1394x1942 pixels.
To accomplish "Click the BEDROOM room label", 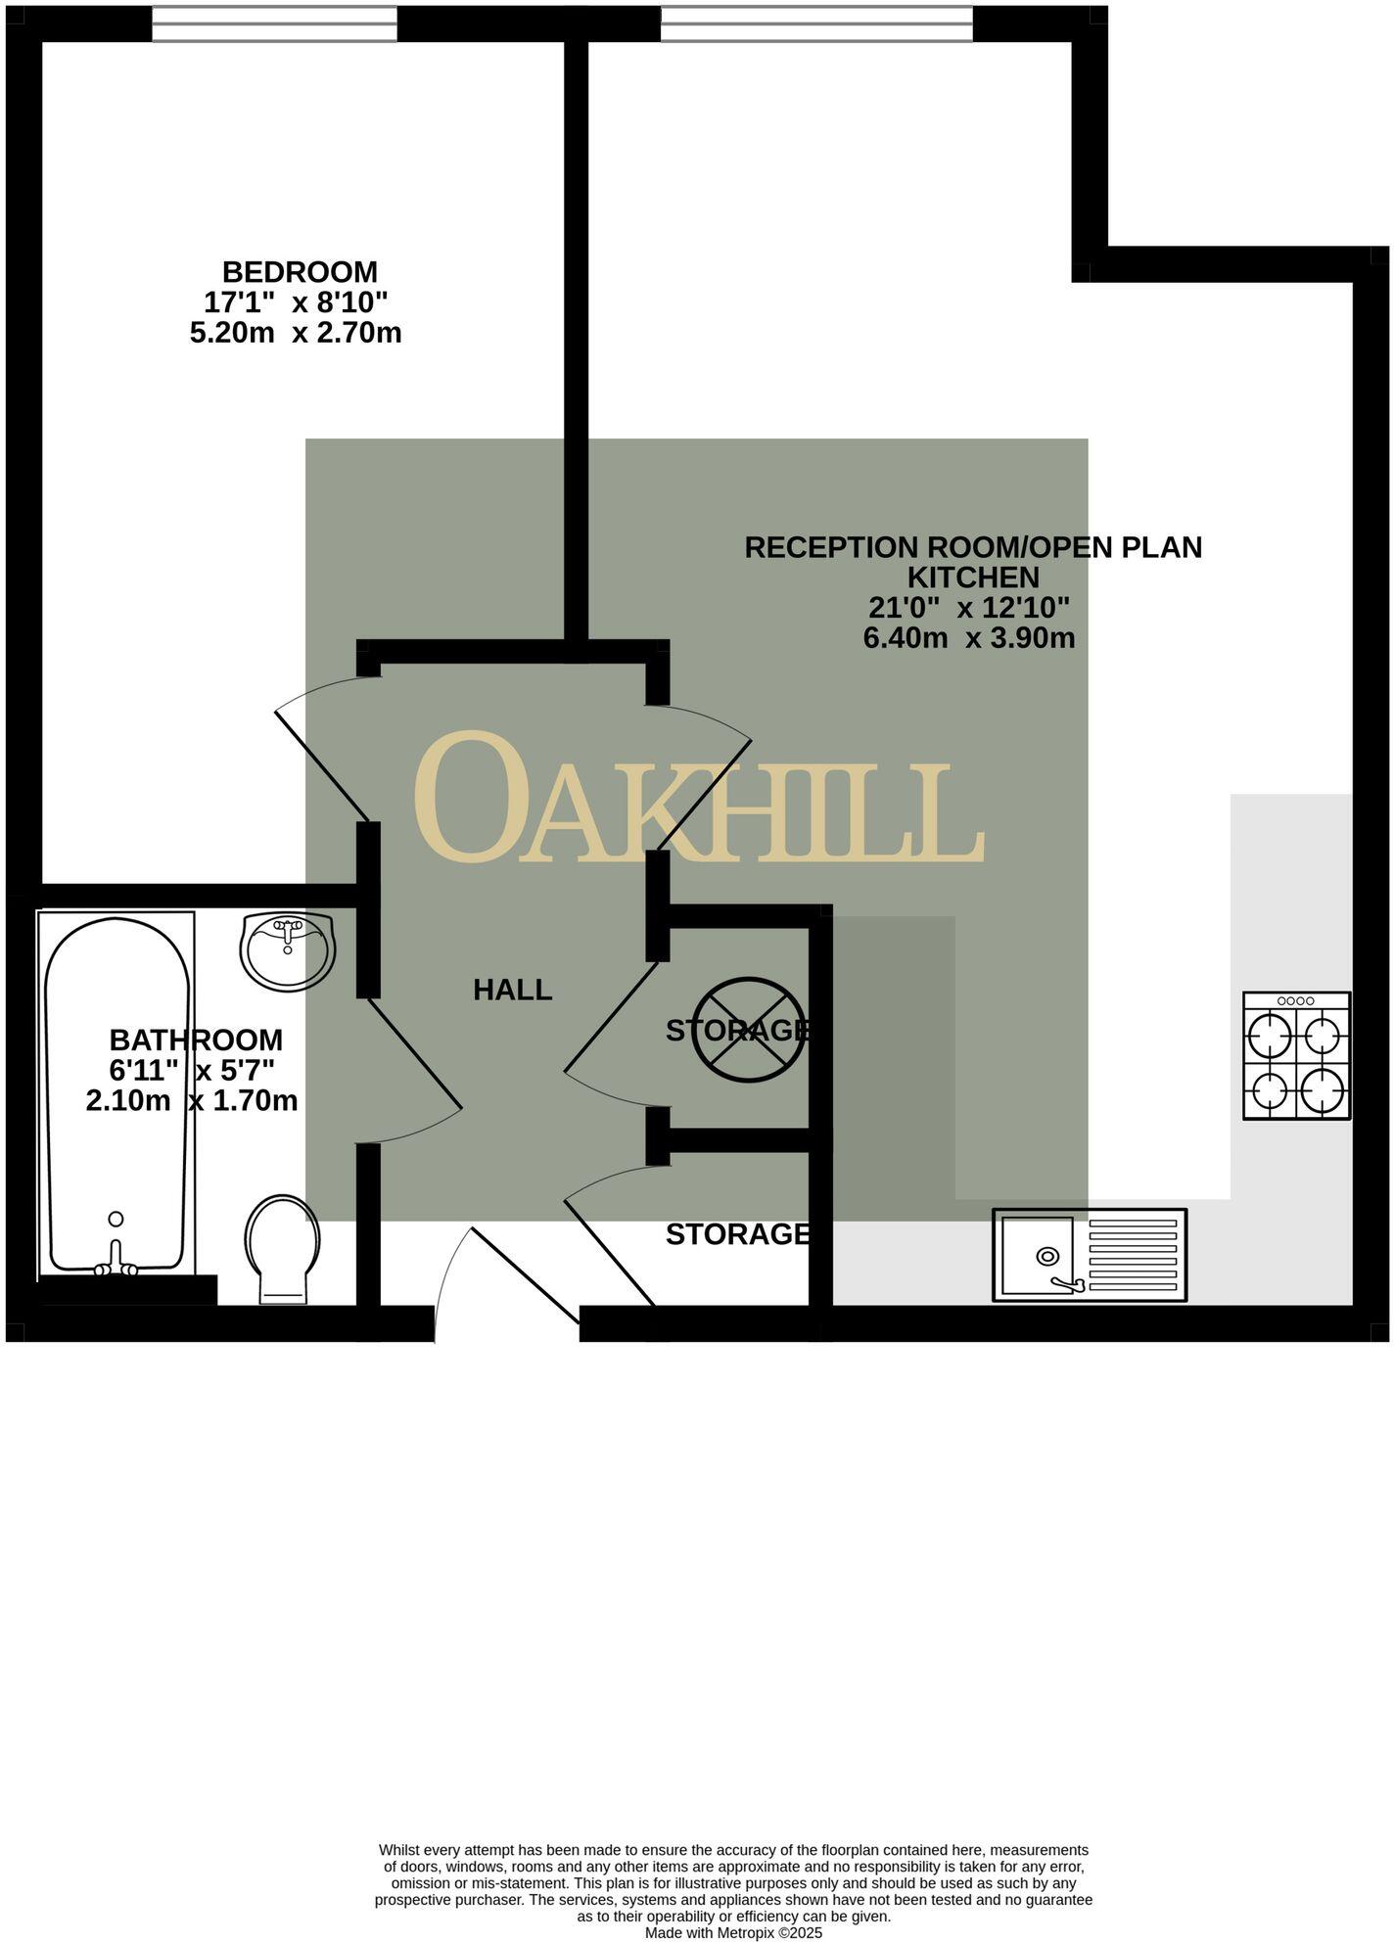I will pos(300,271).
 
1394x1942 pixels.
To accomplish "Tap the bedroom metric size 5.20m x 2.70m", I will pos(296,333).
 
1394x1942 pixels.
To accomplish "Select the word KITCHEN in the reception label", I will pos(973,577).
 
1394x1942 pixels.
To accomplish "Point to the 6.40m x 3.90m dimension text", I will pos(969,638).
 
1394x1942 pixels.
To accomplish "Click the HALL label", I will pos(512,991).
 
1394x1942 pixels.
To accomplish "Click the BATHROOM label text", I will pos(196,1040).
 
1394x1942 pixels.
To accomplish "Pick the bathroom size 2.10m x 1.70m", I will pos(192,1100).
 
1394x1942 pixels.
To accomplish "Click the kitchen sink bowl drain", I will pos(1047,1256).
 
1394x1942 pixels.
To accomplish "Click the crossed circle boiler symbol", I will pos(749,1029).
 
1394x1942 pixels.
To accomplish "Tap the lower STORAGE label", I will pos(737,1234).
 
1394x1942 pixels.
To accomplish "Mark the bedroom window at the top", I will pos(274,23).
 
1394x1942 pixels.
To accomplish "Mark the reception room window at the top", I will pos(816,23).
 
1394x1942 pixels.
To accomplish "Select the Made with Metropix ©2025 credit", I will pos(733,1933).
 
